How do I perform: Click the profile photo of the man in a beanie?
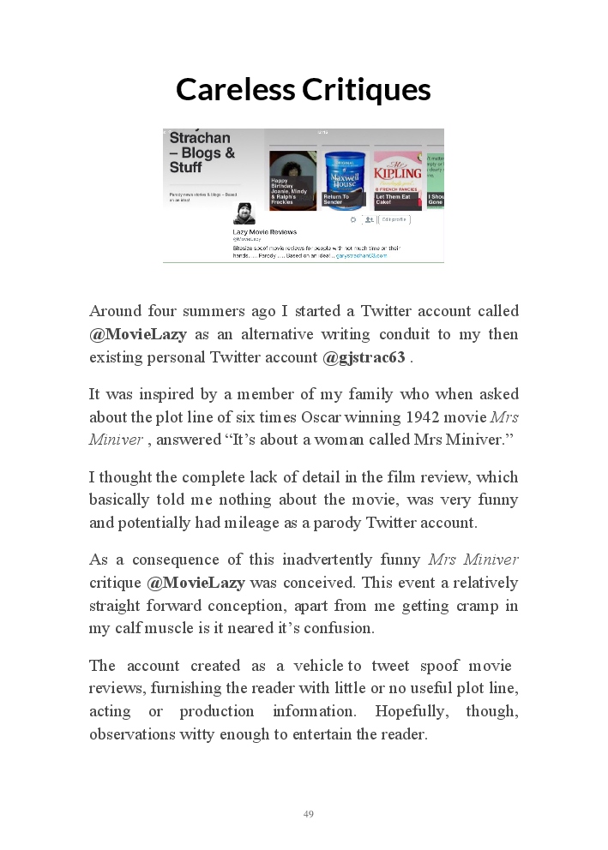tap(244, 213)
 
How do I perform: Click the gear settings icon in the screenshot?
tap(352, 219)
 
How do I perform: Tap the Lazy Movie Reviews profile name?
tap(265, 231)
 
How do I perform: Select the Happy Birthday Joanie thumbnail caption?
tap(289, 192)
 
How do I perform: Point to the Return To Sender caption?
tap(338, 199)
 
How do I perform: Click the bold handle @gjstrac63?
tap(364, 357)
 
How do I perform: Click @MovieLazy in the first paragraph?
tap(137, 334)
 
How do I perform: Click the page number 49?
tap(309, 814)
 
